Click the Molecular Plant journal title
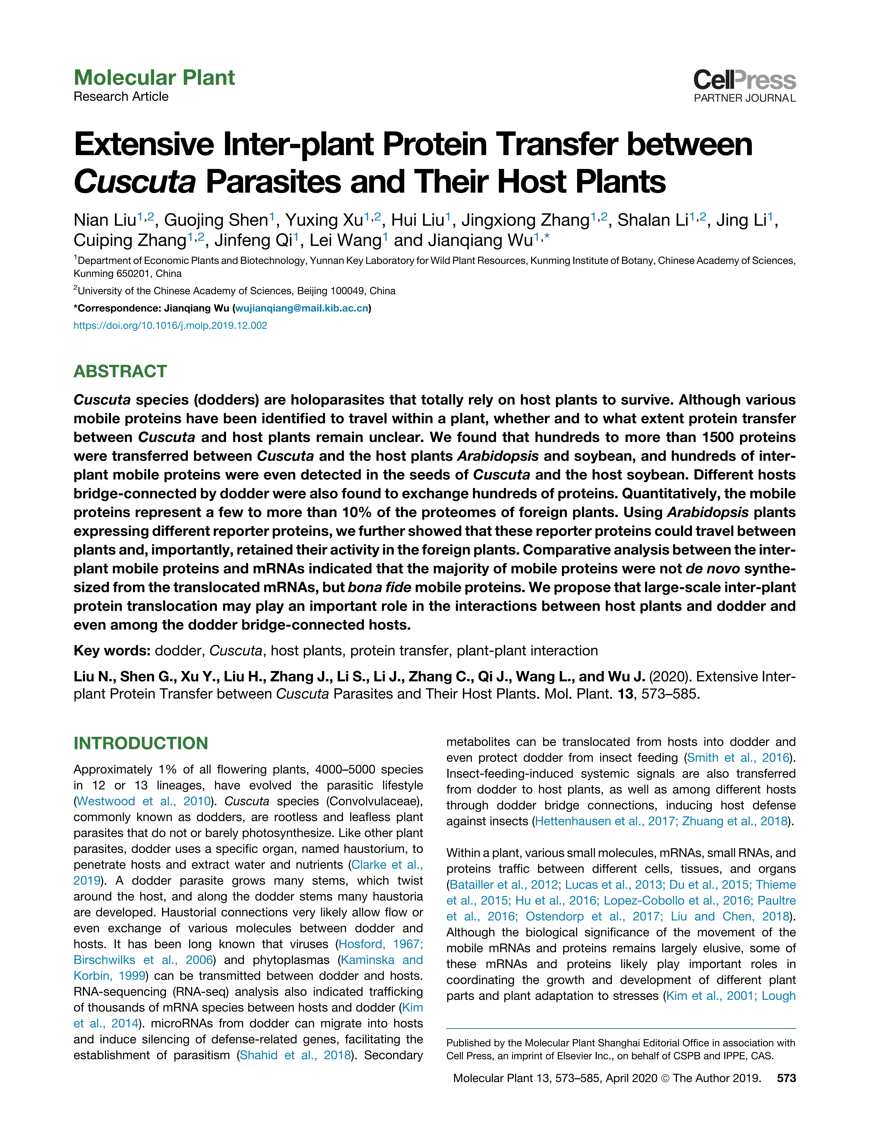click(154, 78)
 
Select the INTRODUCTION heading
click(141, 743)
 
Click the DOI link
click(170, 326)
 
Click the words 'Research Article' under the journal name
click(121, 97)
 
